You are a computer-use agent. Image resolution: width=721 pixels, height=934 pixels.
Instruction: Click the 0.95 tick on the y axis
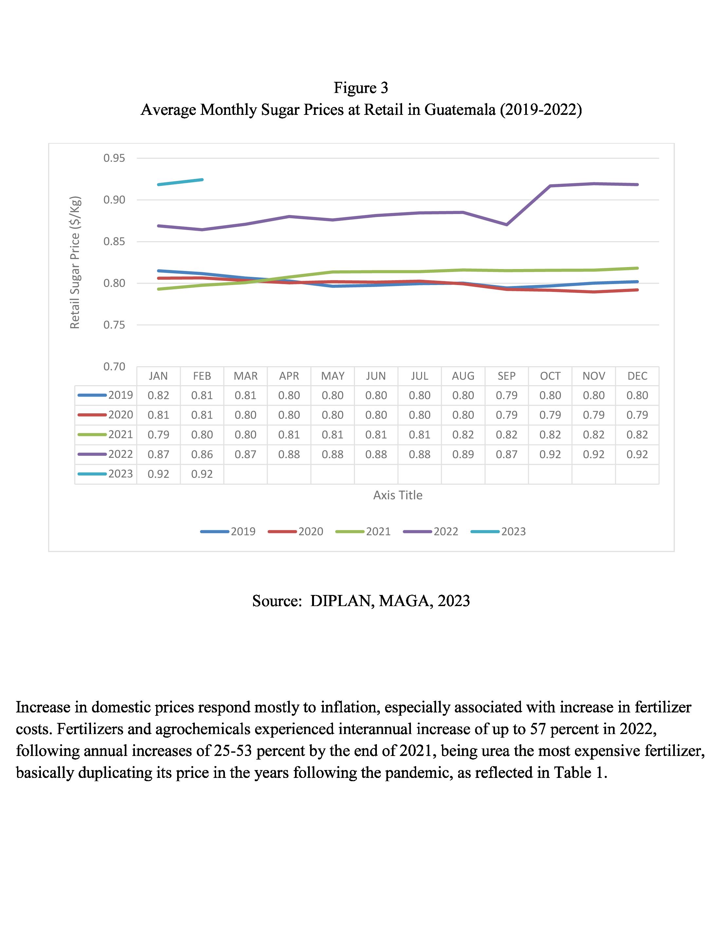click(x=114, y=159)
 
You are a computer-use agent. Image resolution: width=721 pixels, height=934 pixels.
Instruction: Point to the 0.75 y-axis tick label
click(x=114, y=325)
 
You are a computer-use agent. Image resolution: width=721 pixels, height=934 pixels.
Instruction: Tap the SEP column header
click(x=506, y=376)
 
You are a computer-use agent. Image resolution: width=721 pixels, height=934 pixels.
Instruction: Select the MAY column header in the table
click(x=332, y=376)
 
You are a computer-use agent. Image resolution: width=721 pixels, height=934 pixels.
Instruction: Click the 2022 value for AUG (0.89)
click(x=463, y=454)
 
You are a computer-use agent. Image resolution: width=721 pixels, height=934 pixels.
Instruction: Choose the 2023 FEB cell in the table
click(x=202, y=474)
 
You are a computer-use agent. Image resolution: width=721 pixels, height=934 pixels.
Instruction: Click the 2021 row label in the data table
click(x=120, y=435)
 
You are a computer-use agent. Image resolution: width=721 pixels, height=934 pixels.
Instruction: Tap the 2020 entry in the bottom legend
click(x=310, y=531)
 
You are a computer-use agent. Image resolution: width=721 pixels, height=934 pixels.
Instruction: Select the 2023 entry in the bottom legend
click(x=513, y=531)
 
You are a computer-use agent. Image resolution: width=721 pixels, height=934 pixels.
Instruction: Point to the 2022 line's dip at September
click(x=507, y=224)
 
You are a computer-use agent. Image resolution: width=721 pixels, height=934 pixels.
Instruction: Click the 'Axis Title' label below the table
click(x=397, y=495)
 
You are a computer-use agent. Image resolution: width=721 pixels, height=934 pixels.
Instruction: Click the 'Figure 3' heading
click(x=361, y=88)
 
